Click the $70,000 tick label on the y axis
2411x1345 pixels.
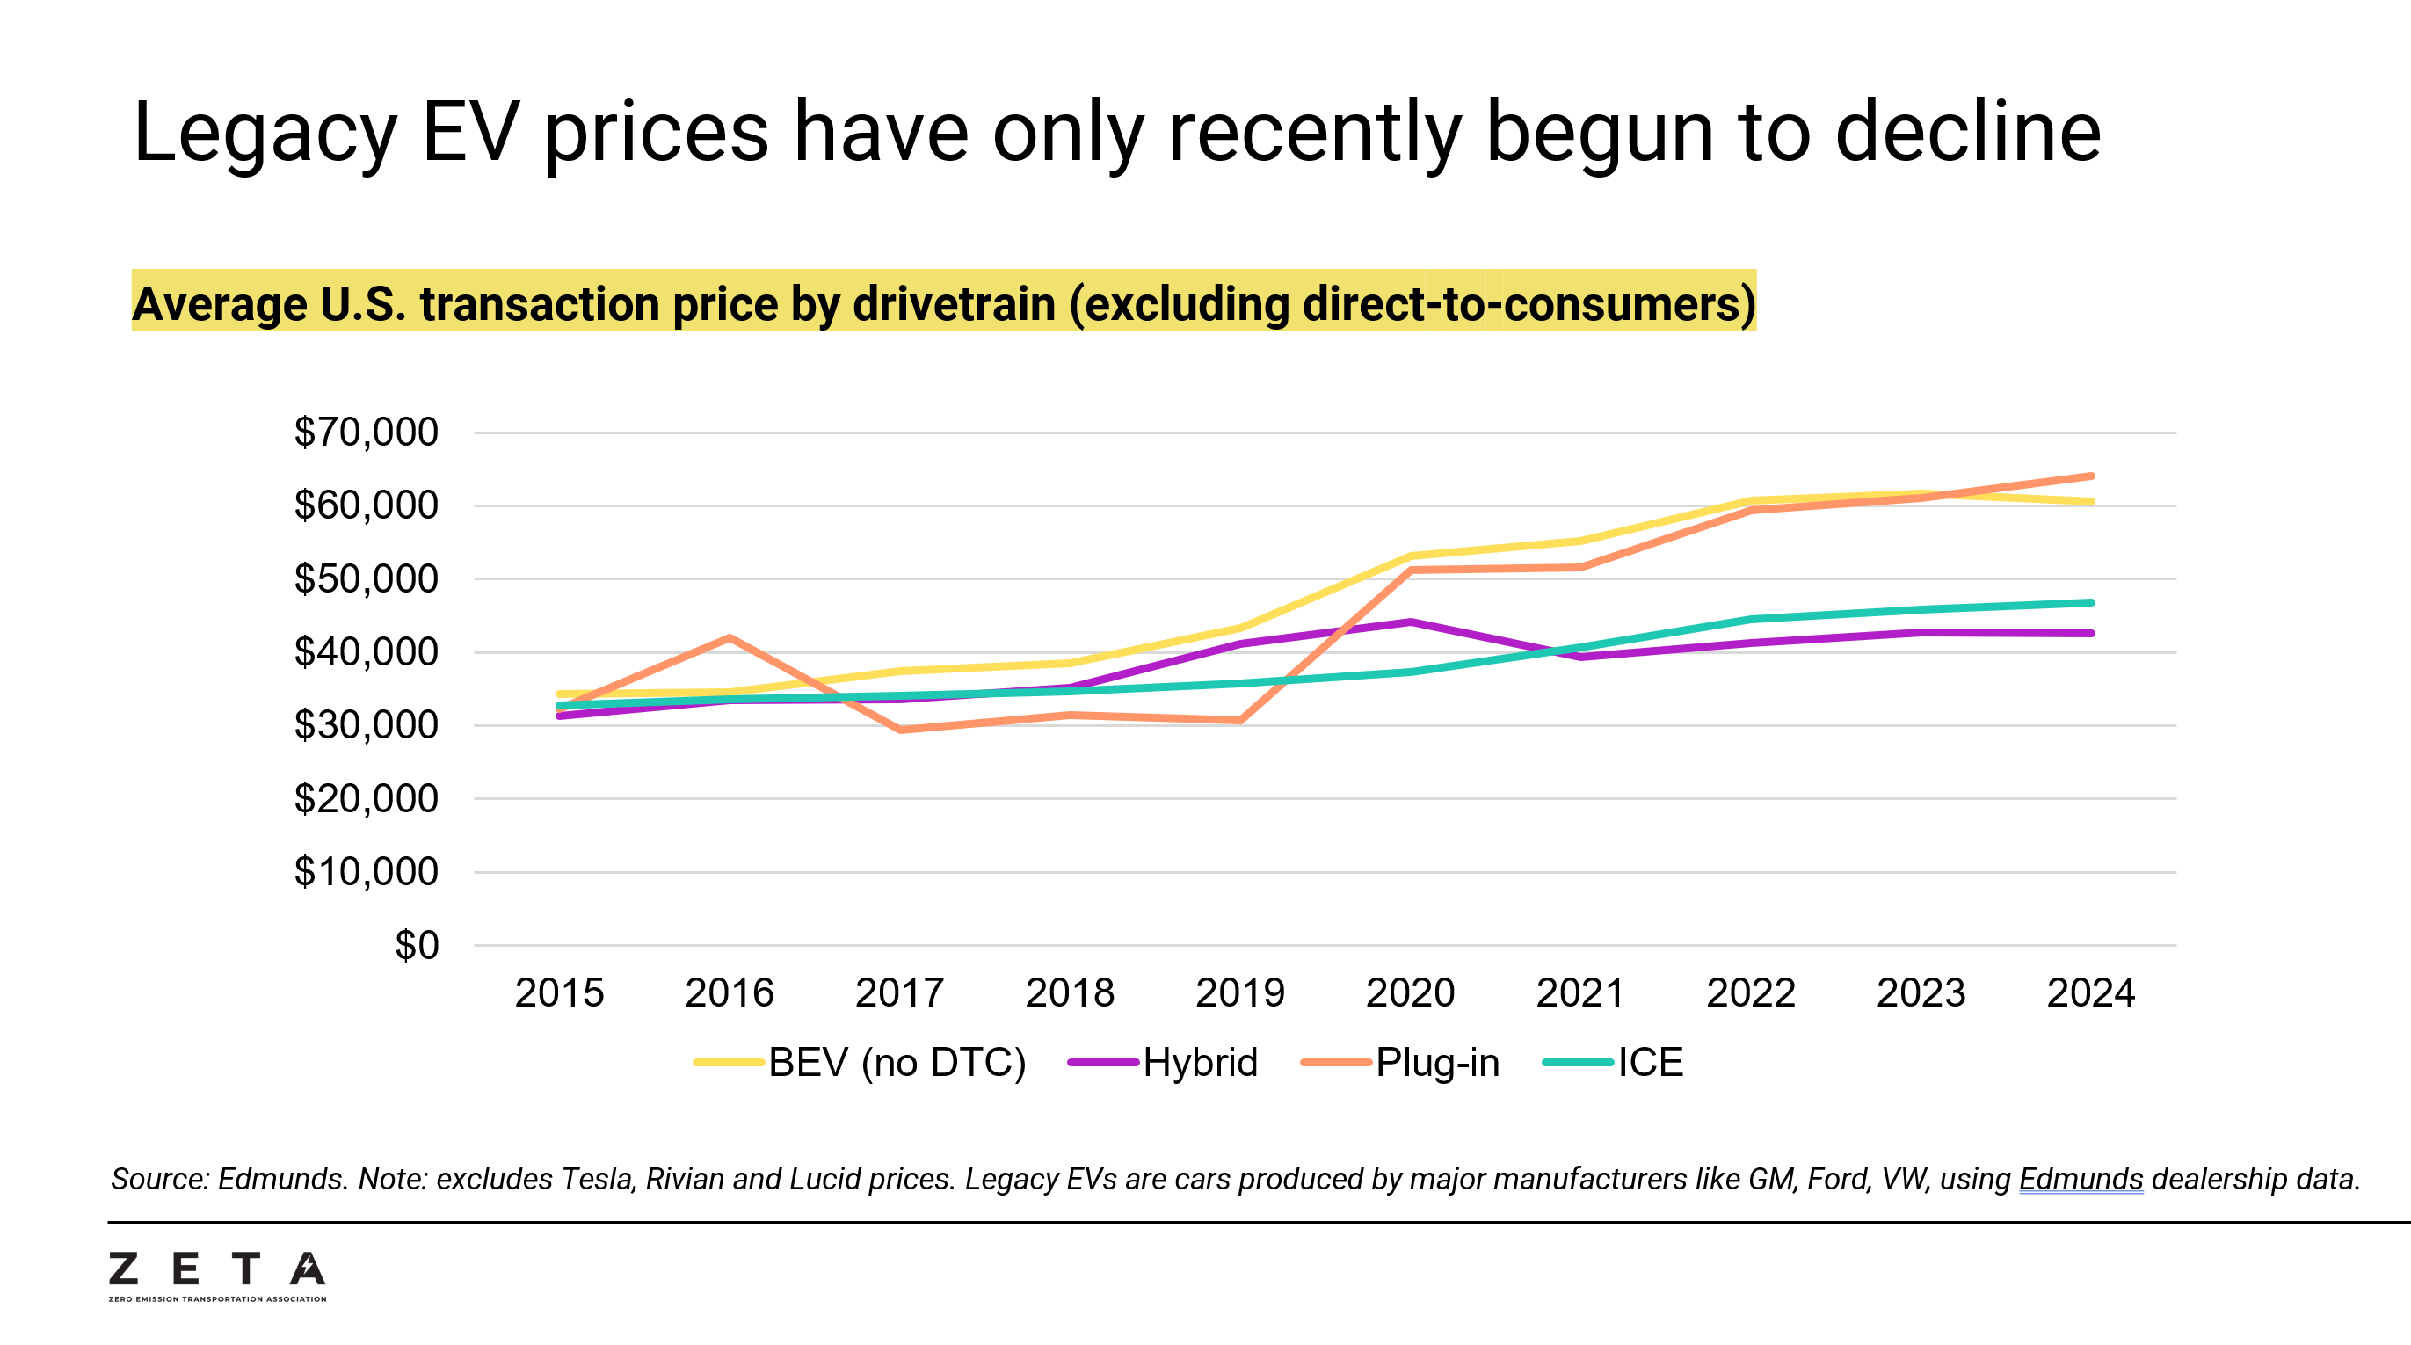coord(366,433)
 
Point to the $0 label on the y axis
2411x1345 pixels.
coord(417,945)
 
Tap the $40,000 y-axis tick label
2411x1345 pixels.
coord(366,652)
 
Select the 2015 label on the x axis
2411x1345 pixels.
coord(559,993)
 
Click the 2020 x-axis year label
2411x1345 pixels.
coord(1410,993)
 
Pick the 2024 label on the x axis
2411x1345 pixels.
coord(2090,993)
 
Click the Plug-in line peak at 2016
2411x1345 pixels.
coord(730,638)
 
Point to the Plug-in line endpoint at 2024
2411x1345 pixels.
coord(2090,476)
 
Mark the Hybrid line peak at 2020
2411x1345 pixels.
coord(1410,622)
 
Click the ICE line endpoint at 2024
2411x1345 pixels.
coord(2090,603)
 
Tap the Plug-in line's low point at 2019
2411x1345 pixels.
coord(1239,721)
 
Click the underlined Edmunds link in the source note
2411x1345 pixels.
coord(2081,1180)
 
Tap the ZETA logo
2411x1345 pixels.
coord(217,1275)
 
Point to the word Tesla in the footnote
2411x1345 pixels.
coord(596,1180)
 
